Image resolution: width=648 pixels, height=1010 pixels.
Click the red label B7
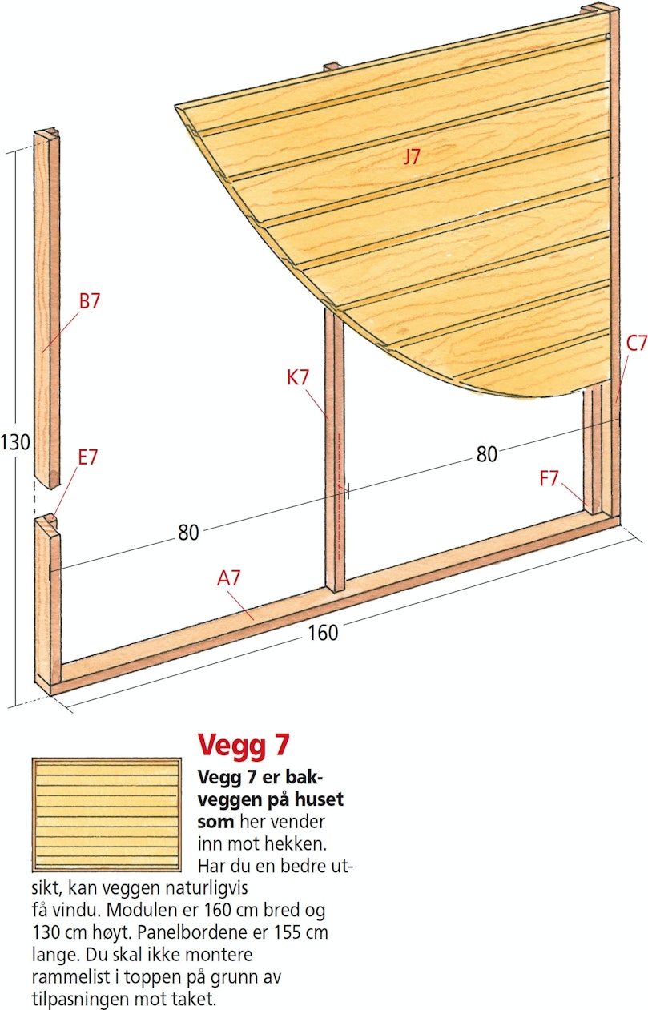pos(89,301)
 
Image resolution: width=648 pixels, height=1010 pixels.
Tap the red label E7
pos(87,457)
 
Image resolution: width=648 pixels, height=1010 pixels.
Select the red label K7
pos(298,377)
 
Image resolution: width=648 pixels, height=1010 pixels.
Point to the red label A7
pos(229,578)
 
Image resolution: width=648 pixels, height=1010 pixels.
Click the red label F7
pos(549,479)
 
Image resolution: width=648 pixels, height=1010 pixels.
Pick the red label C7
pos(637,344)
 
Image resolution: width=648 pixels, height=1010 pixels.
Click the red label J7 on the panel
pos(411,156)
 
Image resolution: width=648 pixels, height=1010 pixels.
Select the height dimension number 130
pos(15,442)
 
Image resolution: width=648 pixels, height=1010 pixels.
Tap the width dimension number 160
pos(323,633)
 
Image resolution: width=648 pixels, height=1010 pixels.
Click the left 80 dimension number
pos(188,533)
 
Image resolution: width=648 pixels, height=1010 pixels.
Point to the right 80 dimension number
pos(487,454)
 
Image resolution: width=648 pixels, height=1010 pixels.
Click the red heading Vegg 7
pos(243,744)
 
